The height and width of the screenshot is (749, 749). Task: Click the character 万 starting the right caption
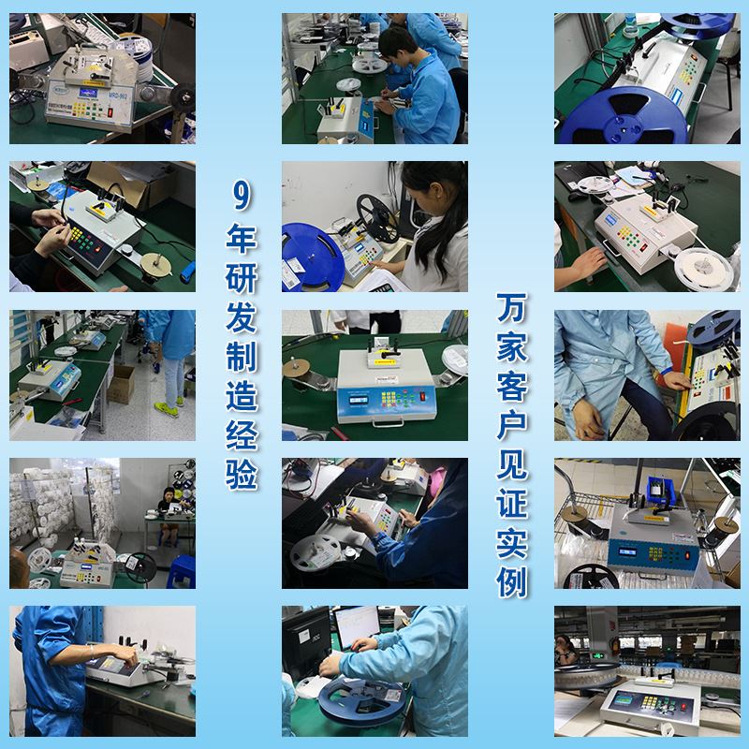click(511, 304)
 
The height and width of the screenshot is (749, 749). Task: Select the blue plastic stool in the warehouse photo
click(181, 567)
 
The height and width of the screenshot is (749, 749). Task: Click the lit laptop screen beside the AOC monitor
click(359, 626)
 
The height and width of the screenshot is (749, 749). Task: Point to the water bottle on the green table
click(630, 20)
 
